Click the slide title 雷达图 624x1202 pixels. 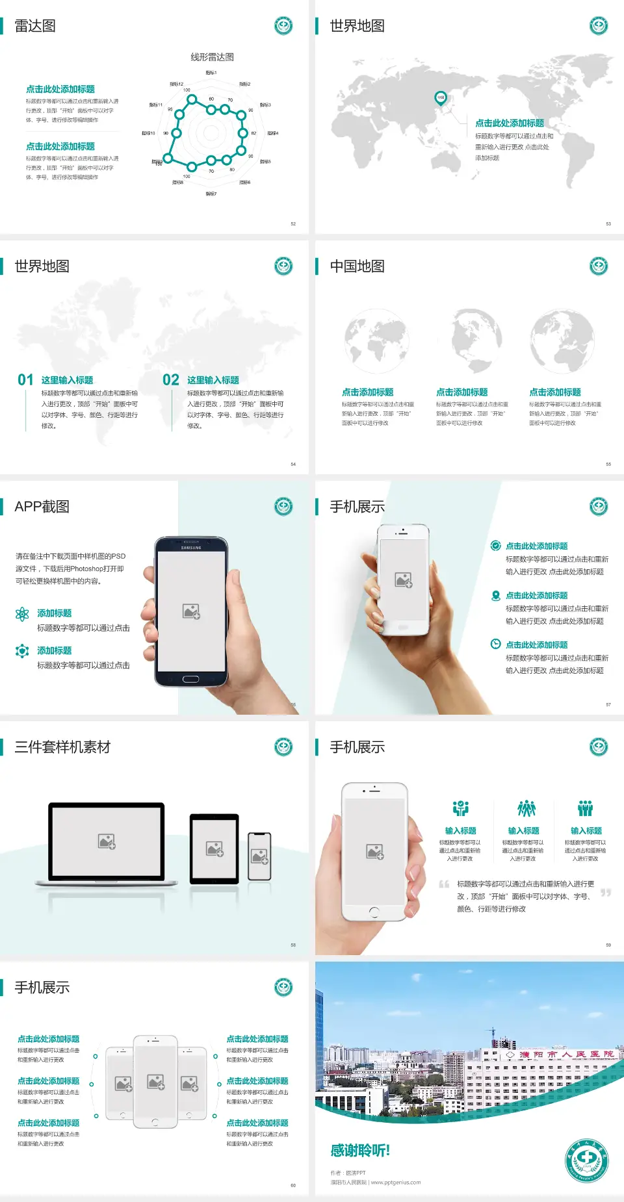tap(35, 26)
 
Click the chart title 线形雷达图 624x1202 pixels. tap(212, 57)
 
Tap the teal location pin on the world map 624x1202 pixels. tap(440, 98)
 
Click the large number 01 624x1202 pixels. tap(25, 380)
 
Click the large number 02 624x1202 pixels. tap(171, 380)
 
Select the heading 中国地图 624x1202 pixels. tap(357, 266)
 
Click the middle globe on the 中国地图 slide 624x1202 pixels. tap(478, 340)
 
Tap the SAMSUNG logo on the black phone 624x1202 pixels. tap(191, 548)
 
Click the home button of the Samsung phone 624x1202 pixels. tap(190, 679)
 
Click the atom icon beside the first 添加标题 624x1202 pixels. tap(22, 614)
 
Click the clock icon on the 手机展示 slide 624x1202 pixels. tap(495, 644)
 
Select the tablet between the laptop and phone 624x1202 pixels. tap(214, 849)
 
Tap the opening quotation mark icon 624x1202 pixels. tap(444, 884)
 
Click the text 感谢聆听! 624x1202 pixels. tap(360, 1151)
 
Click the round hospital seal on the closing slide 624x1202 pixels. tap(586, 1160)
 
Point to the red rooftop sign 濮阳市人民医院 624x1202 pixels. tap(565, 1055)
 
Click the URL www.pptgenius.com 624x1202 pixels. tap(396, 1183)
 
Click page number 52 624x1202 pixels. tap(293, 224)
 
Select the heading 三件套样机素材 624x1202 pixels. tap(62, 747)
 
